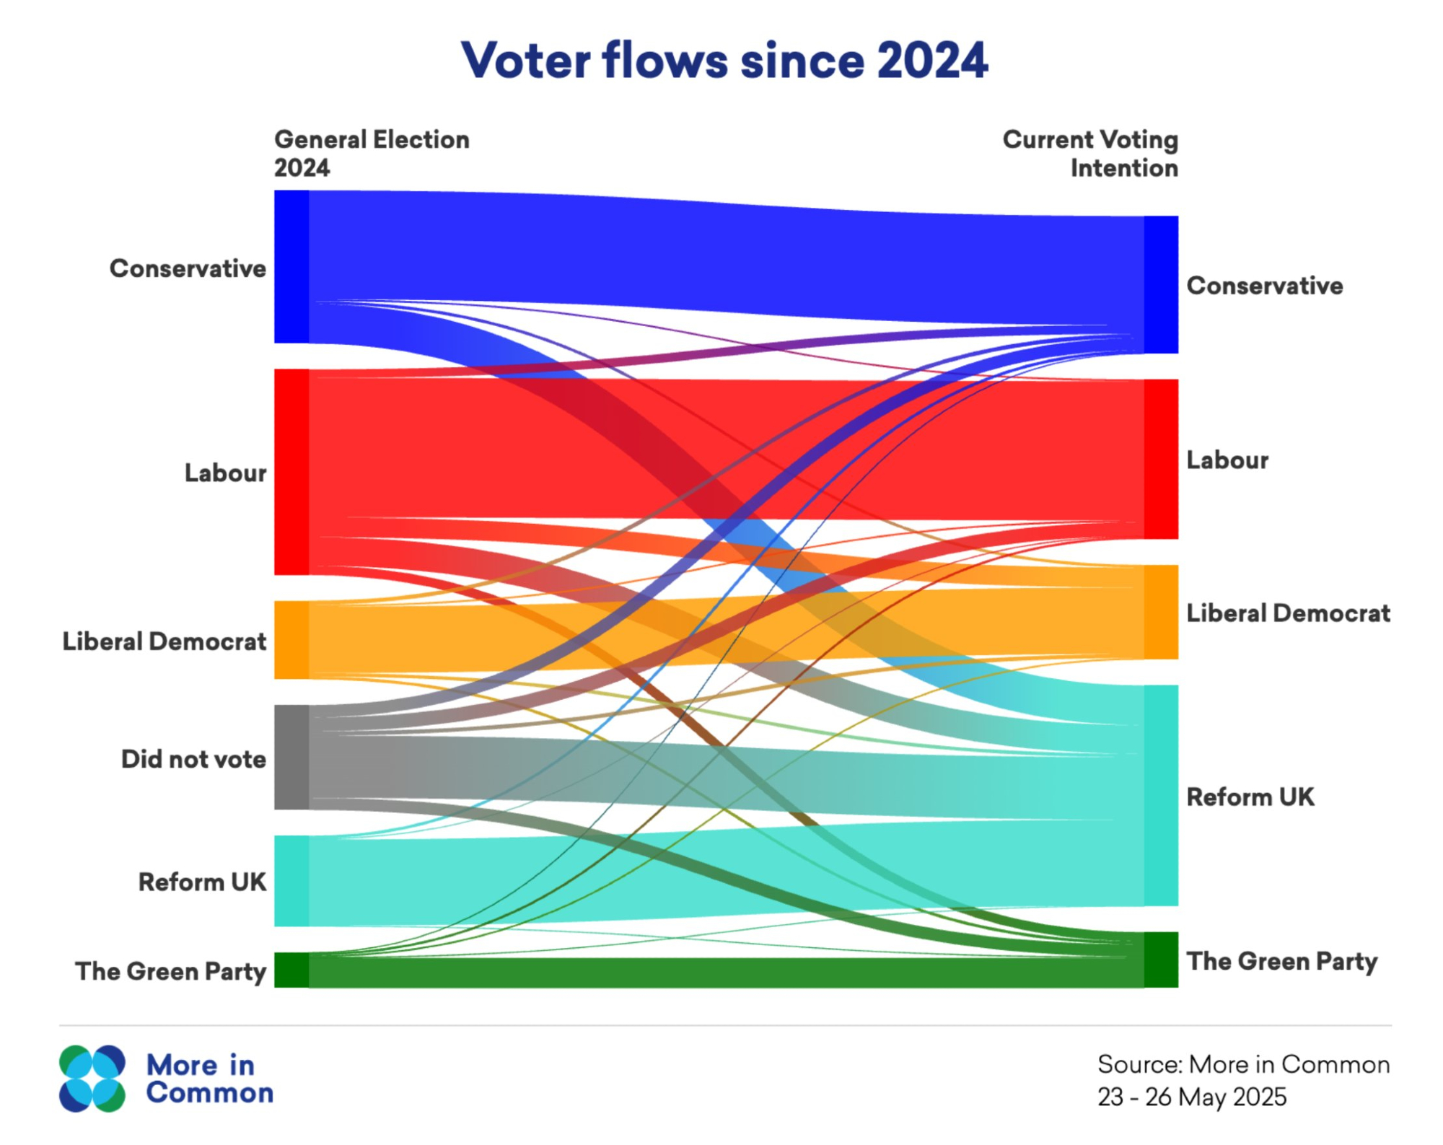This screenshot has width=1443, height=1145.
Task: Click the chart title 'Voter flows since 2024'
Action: [724, 61]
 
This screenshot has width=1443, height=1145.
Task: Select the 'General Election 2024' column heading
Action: [372, 153]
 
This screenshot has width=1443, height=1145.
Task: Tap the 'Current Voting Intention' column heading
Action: [1089, 153]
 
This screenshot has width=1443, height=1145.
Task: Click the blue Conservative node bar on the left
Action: [291, 266]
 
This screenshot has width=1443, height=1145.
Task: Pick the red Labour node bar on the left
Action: [291, 472]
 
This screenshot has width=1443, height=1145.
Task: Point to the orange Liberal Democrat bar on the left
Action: [291, 639]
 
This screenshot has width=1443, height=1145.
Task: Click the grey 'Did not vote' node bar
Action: [291, 757]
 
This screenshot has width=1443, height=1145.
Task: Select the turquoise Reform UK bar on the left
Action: [291, 880]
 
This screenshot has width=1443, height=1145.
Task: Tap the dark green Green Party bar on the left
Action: [291, 969]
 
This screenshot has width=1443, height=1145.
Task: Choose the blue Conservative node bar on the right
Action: [1161, 284]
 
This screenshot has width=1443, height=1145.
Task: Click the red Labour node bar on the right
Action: [1161, 459]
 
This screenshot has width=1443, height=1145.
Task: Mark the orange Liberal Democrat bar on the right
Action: [1161, 612]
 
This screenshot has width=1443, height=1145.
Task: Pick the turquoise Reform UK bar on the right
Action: [1161, 795]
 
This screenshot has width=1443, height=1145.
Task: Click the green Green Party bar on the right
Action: [1161, 959]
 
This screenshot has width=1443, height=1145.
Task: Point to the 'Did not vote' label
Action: [193, 759]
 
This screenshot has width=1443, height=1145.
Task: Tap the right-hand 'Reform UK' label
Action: [1250, 797]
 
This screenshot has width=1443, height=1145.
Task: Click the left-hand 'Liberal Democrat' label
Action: [165, 641]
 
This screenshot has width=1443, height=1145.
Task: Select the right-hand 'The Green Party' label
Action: [1282, 961]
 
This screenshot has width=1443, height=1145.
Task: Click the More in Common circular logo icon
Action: [92, 1078]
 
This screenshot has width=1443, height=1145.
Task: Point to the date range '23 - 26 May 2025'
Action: [1192, 1097]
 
